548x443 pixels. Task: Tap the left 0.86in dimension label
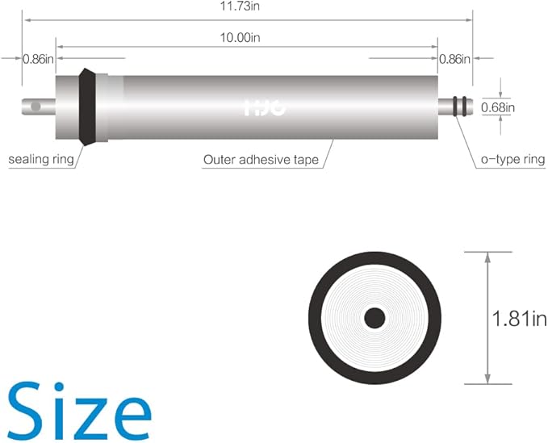coord(38,58)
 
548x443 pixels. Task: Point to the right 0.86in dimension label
coord(455,58)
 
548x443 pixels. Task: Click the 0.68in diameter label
coord(498,107)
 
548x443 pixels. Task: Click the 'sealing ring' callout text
coord(41,159)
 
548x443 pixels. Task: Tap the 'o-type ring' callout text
coord(512,160)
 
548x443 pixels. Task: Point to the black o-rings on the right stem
coord(460,107)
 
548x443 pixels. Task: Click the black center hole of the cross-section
coord(374,318)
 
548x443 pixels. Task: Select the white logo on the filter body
coord(263,107)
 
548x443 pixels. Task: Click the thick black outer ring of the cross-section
coord(317,318)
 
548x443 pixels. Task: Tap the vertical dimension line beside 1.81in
coord(487,318)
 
